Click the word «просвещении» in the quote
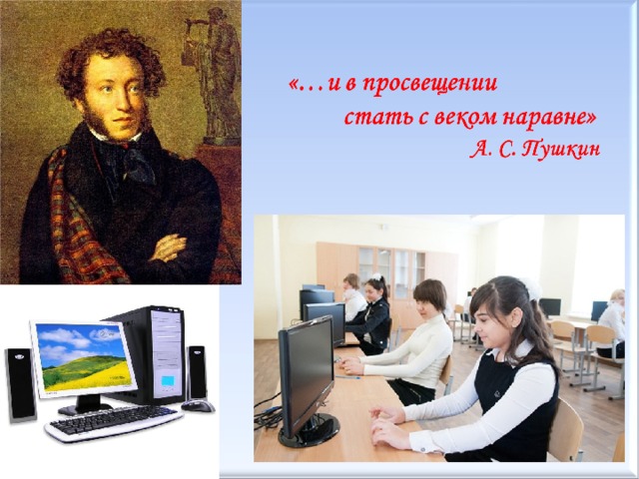click(x=429, y=85)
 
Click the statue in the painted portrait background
click(x=213, y=76)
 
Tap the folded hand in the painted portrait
click(x=169, y=246)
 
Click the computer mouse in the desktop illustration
click(x=198, y=405)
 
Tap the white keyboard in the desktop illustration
click(x=113, y=423)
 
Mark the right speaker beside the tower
click(x=197, y=372)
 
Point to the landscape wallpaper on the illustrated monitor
click(x=83, y=357)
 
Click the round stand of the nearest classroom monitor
click(x=309, y=431)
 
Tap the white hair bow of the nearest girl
click(x=532, y=288)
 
